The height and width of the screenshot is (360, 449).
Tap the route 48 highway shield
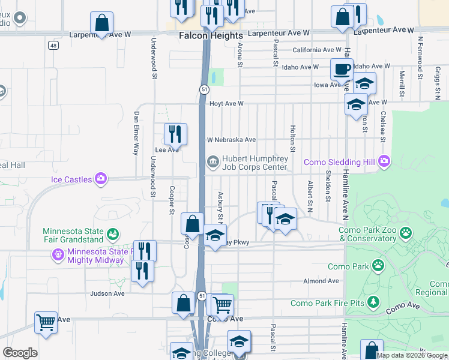pyautogui.click(x=54, y=45)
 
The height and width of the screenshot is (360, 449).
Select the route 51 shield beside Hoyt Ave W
pyautogui.click(x=204, y=89)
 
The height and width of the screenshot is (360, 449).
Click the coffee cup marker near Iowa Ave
pyautogui.click(x=342, y=70)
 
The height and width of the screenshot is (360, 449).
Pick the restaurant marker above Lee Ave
pyautogui.click(x=175, y=134)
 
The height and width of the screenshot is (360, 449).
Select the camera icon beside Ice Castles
pyautogui.click(x=101, y=179)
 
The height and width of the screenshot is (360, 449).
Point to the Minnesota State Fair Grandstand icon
pyautogui.click(x=112, y=233)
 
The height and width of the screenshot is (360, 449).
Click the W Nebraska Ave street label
pyautogui.click(x=232, y=140)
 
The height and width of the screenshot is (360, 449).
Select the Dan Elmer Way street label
pyautogui.click(x=137, y=133)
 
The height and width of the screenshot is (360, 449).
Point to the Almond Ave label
pyautogui.click(x=321, y=281)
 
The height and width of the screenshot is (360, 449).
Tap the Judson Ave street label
pyautogui.click(x=107, y=293)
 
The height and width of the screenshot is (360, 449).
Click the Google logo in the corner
pyautogui.click(x=20, y=353)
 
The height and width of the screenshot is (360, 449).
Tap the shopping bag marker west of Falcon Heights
pyautogui.click(x=102, y=24)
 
